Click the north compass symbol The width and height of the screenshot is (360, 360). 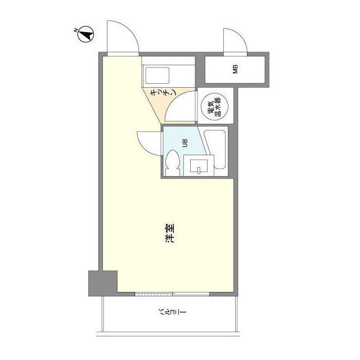[x=86, y=34]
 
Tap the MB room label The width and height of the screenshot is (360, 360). [x=235, y=69]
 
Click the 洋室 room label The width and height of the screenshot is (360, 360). [x=170, y=233]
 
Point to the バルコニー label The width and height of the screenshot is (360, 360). [x=172, y=312]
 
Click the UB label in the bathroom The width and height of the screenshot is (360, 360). [x=184, y=143]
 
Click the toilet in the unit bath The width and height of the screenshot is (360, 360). [x=173, y=163]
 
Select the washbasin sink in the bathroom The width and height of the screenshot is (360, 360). [x=199, y=166]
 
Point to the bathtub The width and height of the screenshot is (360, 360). [x=215, y=150]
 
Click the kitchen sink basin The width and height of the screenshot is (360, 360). [x=157, y=75]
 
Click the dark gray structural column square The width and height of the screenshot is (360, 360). [x=103, y=283]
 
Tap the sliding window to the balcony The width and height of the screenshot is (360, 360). [x=172, y=294]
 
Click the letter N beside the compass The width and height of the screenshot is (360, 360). [x=75, y=30]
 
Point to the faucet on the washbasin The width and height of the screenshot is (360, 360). [x=199, y=170]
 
